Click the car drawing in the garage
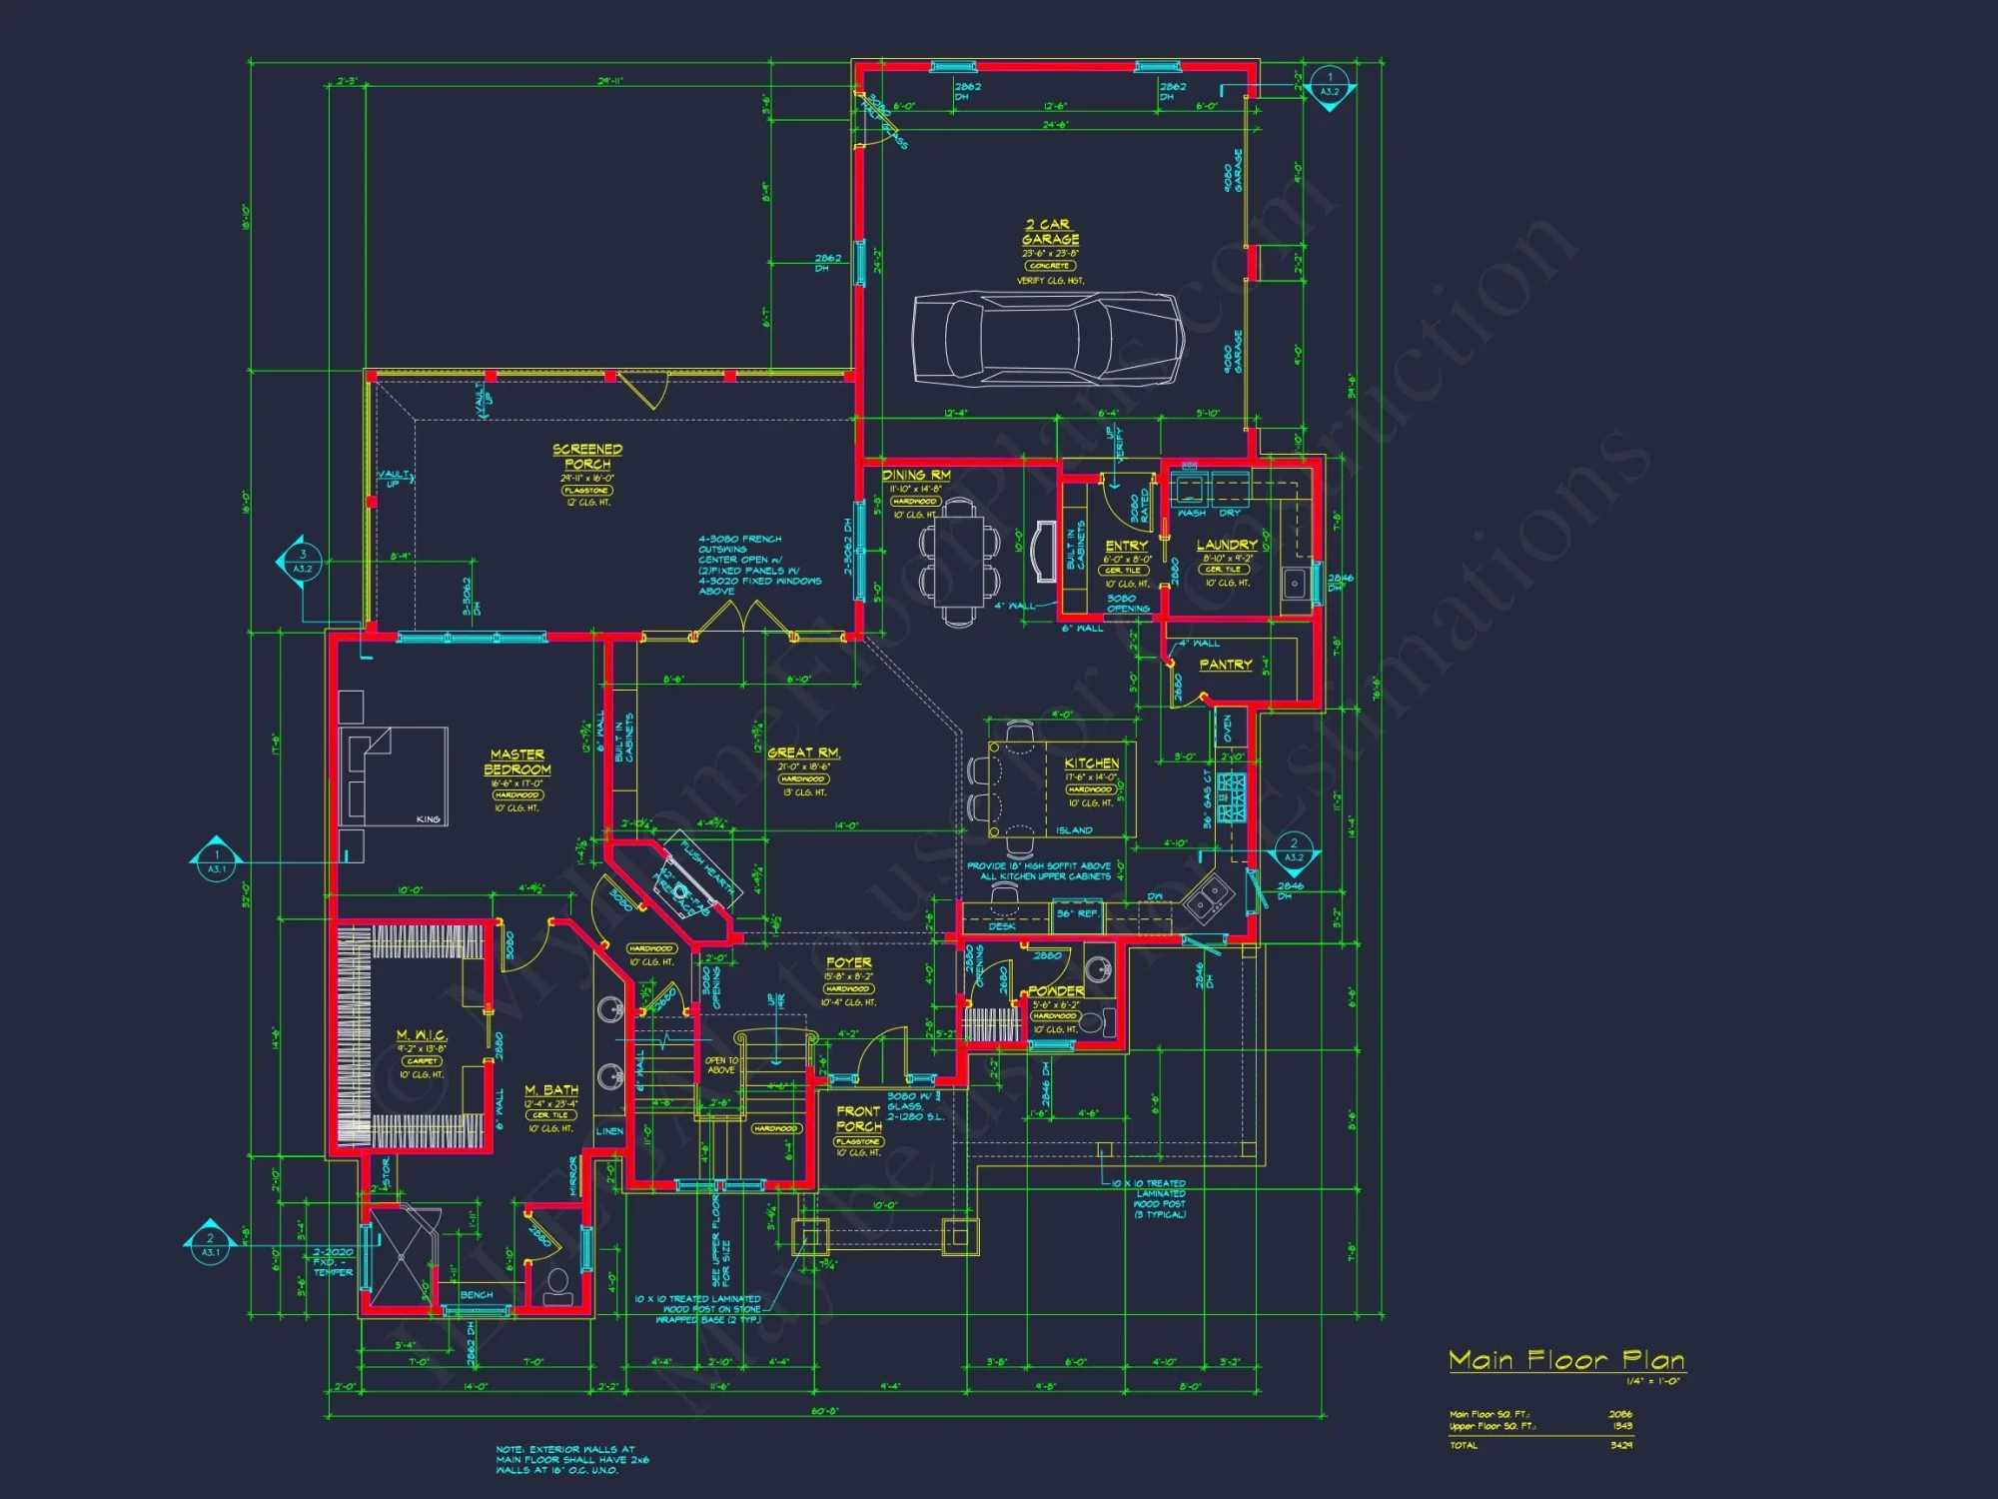pyautogui.click(x=1048, y=338)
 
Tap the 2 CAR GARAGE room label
pyautogui.click(x=1050, y=232)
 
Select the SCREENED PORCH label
pyautogui.click(x=587, y=457)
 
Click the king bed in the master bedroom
pyautogui.click(x=394, y=775)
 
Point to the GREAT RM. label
pyautogui.click(x=803, y=752)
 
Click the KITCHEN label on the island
pyautogui.click(x=1091, y=762)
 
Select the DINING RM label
pyautogui.click(x=916, y=475)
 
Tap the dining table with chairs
pyautogui.click(x=959, y=563)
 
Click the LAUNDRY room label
pyautogui.click(x=1227, y=545)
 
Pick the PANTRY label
pyautogui.click(x=1225, y=665)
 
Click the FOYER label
pyautogui.click(x=848, y=962)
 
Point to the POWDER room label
pyautogui.click(x=1056, y=991)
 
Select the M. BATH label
pyautogui.click(x=551, y=1089)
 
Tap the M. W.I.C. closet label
pyautogui.click(x=421, y=1035)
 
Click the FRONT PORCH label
pyautogui.click(x=858, y=1118)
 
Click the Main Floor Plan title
pyautogui.click(x=1565, y=1360)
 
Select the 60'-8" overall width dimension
pyautogui.click(x=825, y=1412)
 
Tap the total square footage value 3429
pyautogui.click(x=1620, y=1445)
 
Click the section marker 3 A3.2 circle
pyautogui.click(x=303, y=562)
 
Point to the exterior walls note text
pyautogui.click(x=571, y=1459)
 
